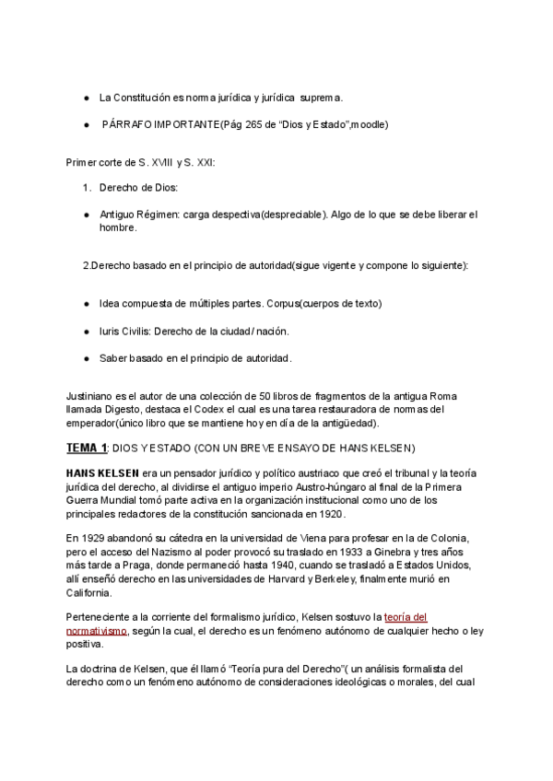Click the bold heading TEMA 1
pyautogui.click(x=87, y=448)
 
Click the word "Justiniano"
pyautogui.click(x=91, y=396)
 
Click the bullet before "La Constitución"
pyautogui.click(x=86, y=97)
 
